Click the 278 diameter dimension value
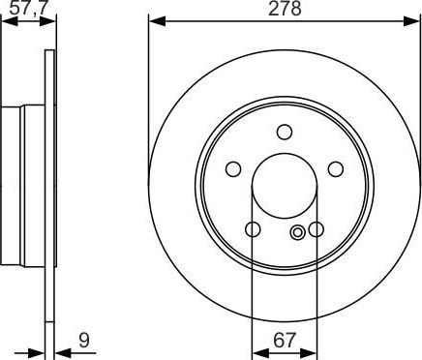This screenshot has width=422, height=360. (x=285, y=9)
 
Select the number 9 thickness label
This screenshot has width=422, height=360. (x=84, y=340)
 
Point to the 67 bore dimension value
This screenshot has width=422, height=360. (x=285, y=340)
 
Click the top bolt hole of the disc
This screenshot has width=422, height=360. (x=285, y=132)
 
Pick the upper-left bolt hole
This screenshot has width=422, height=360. (x=233, y=169)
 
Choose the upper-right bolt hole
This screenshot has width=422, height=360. (x=336, y=169)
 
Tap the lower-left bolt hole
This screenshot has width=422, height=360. (x=253, y=229)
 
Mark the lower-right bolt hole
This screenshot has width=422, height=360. (x=316, y=229)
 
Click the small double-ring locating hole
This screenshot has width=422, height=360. (x=297, y=231)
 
